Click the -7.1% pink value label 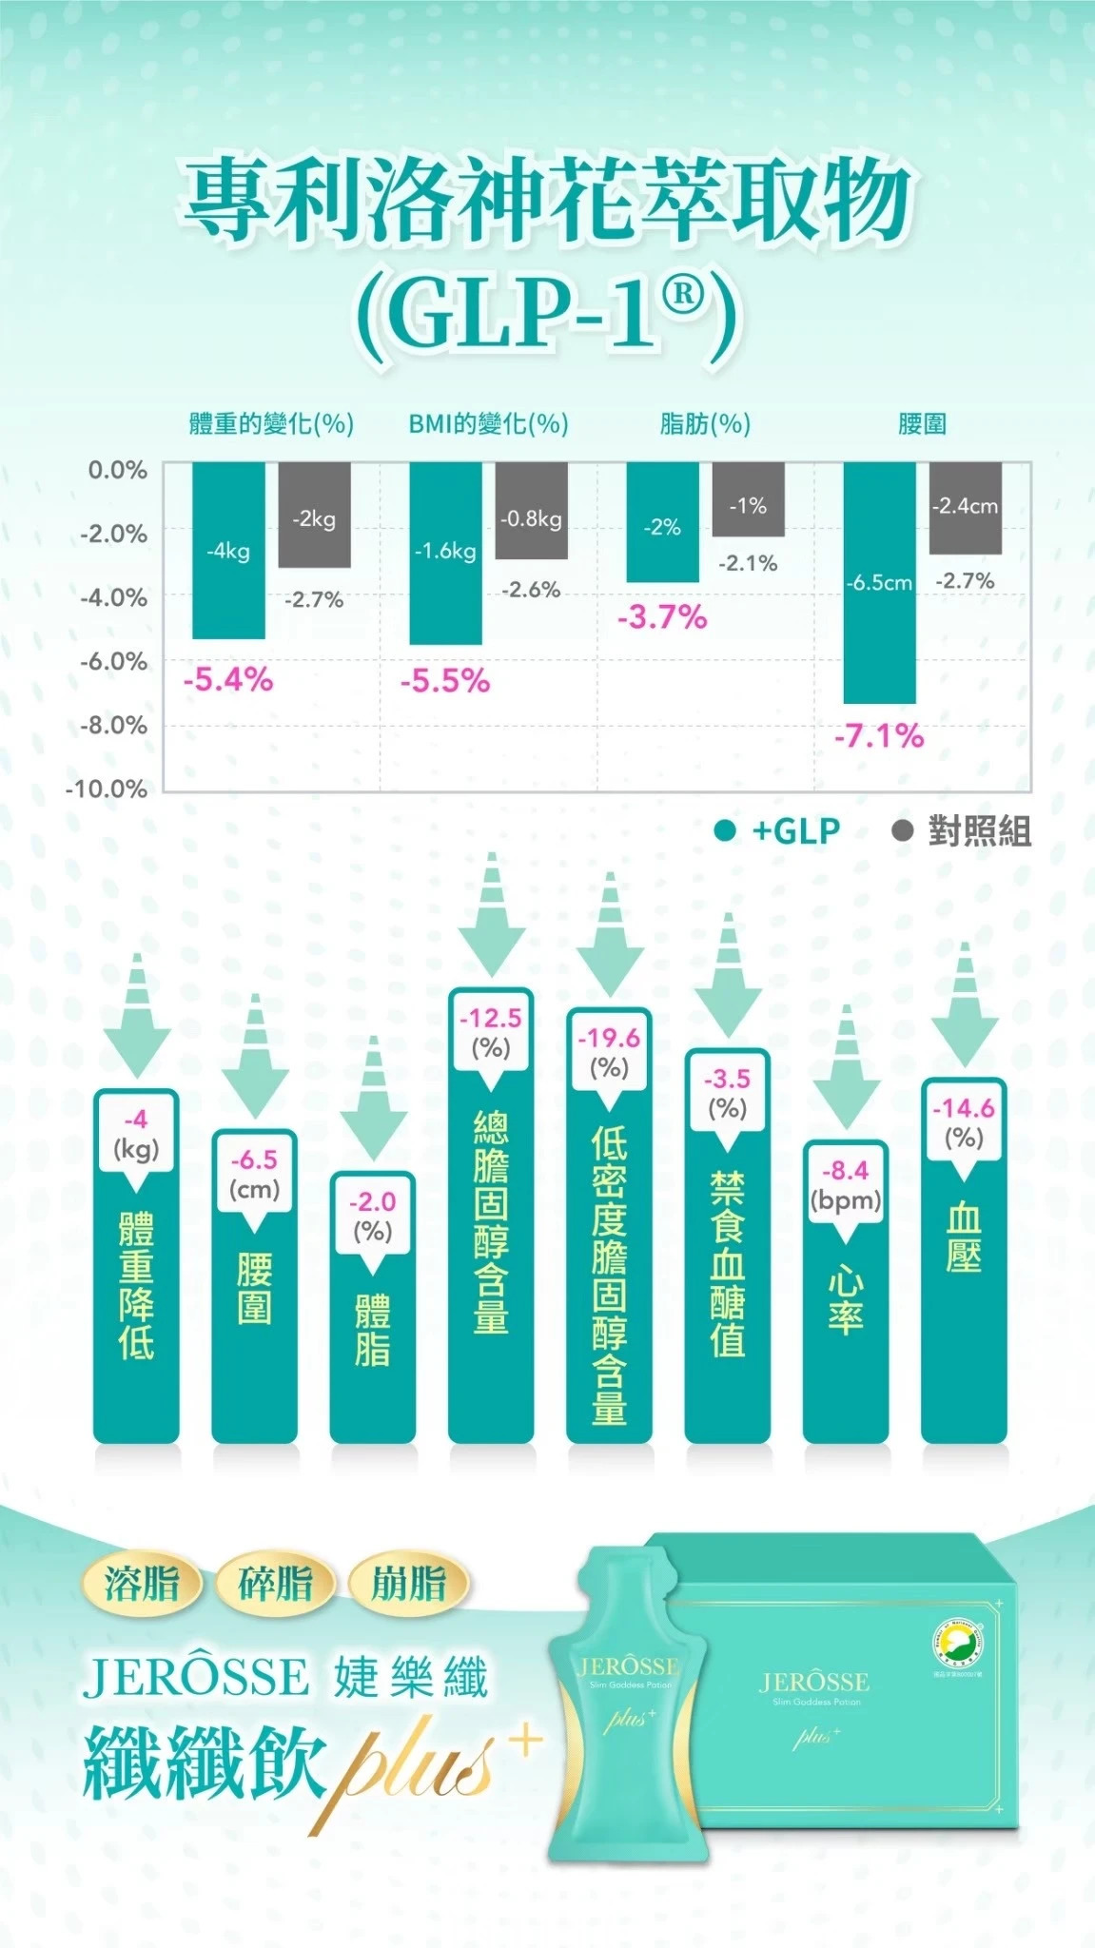(879, 735)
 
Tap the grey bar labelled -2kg (314, 515)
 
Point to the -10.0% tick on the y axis (107, 789)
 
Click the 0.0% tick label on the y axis (117, 470)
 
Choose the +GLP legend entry (778, 831)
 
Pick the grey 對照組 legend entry (962, 831)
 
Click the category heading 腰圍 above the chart (922, 423)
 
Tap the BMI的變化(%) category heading (488, 423)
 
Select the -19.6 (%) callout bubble (609, 1054)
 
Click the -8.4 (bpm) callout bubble (845, 1186)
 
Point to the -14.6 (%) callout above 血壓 (963, 1123)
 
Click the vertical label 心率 (845, 1299)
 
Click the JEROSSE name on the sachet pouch (628, 1666)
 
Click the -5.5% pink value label (445, 681)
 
